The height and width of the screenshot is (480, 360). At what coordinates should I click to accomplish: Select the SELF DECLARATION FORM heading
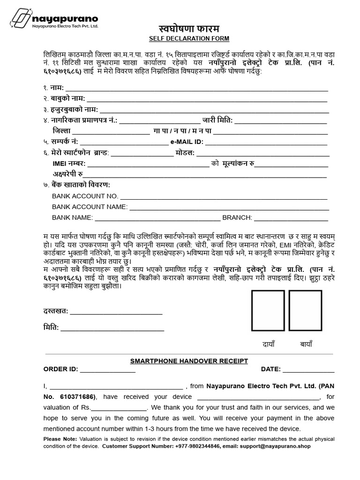183,38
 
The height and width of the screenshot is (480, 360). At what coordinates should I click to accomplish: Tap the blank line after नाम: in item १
197,89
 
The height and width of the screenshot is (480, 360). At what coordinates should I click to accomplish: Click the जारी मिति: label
217,120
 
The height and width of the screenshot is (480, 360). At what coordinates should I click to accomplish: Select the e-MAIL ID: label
187,142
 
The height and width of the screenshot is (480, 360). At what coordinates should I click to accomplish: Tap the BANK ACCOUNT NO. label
85,196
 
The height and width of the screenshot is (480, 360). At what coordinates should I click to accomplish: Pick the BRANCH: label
237,217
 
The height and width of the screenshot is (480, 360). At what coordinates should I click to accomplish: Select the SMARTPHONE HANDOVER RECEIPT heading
188,360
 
